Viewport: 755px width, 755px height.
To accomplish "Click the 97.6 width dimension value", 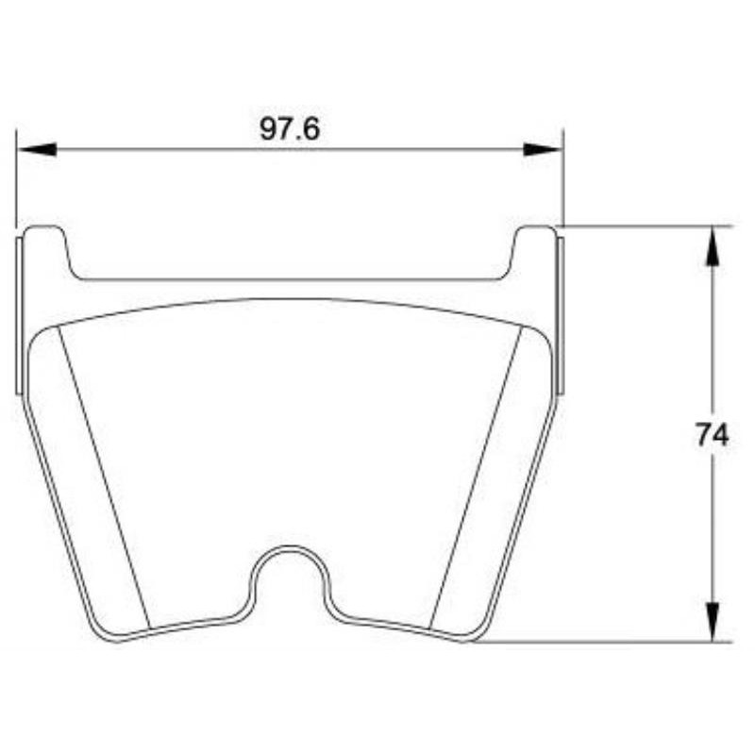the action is [x=290, y=129].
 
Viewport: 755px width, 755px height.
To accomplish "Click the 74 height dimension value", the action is [x=712, y=435].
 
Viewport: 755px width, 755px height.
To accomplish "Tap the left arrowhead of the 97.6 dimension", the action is [x=37, y=149].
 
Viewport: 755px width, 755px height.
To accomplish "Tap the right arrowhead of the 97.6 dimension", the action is [x=544, y=149].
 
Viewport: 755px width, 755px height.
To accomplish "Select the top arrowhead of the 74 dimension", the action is [x=713, y=245].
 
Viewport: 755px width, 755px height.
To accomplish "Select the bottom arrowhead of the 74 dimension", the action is [x=713, y=622].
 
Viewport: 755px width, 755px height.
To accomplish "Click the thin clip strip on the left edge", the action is [x=19, y=316].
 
